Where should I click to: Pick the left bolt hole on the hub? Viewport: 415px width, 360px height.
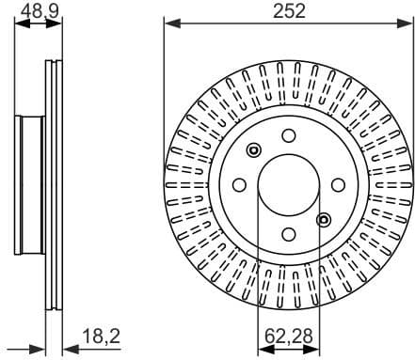pyautogui.click(x=239, y=183)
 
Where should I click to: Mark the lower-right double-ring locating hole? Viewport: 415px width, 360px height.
pyautogui.click(x=325, y=219)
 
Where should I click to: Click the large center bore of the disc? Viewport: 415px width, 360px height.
pyautogui.click(x=289, y=183)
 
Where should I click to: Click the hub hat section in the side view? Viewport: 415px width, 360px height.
pyautogui.click(x=30, y=183)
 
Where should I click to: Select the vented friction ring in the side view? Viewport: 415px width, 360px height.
pyautogui.click(x=54, y=183)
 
